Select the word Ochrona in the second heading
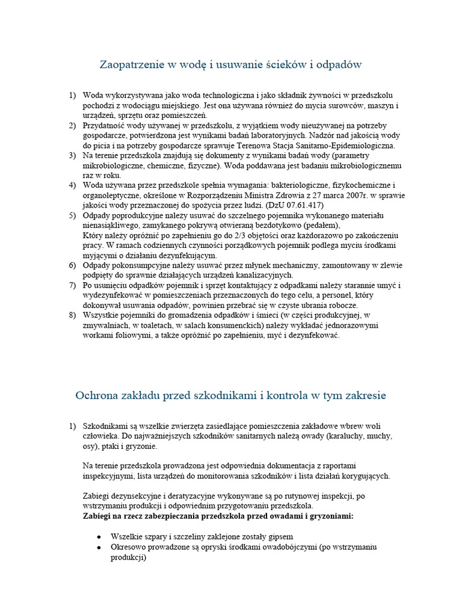pyautogui.click(x=97, y=395)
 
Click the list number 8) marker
pyautogui.click(x=73, y=315)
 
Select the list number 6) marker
pyautogui.click(x=73, y=265)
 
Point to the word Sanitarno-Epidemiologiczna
pyautogui.click(x=341, y=145)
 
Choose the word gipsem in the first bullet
pyautogui.click(x=280, y=537)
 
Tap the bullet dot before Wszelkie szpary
pyautogui.click(x=99, y=537)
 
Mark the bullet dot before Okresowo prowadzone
pyautogui.click(x=99, y=547)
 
